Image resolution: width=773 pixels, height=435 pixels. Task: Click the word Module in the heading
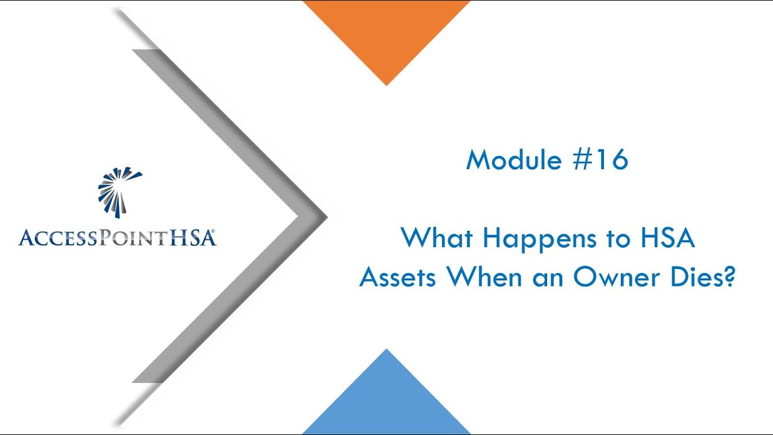pos(512,160)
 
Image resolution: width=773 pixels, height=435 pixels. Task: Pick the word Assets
pos(397,277)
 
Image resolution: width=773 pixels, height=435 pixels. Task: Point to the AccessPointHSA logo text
pos(115,237)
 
